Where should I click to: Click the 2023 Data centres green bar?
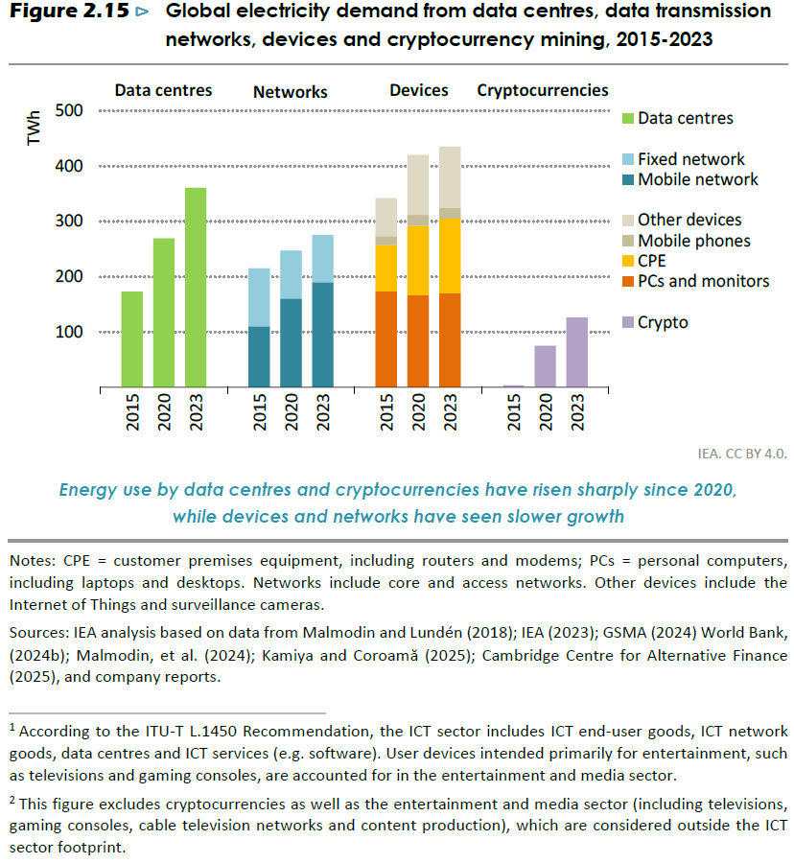click(195, 288)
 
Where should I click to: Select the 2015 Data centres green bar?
click(132, 339)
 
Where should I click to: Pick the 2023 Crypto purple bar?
click(577, 352)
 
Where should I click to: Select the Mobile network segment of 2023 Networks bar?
click(322, 335)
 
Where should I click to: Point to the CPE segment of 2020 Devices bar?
click(418, 260)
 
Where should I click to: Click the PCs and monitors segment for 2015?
click(385, 339)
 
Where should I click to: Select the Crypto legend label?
click(663, 322)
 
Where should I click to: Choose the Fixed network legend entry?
click(690, 159)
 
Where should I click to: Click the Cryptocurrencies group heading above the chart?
click(543, 90)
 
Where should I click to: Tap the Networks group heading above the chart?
click(291, 92)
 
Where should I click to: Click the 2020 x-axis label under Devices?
click(419, 413)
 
